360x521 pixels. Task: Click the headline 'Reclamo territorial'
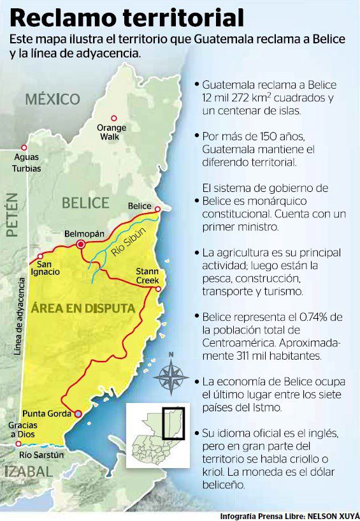coord(127,17)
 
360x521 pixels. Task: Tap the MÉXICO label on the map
coord(53,99)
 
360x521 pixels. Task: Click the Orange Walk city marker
coord(114,118)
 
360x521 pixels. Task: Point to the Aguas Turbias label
coord(26,163)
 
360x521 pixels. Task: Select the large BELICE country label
coord(85,203)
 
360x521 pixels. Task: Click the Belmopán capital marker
coord(81,244)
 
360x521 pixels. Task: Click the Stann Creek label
coord(151,276)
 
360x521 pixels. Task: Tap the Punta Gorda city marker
coord(78,414)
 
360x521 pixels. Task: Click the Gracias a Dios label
coord(23,429)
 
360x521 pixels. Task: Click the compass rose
coord(170,375)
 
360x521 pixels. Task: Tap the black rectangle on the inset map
coord(173,422)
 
